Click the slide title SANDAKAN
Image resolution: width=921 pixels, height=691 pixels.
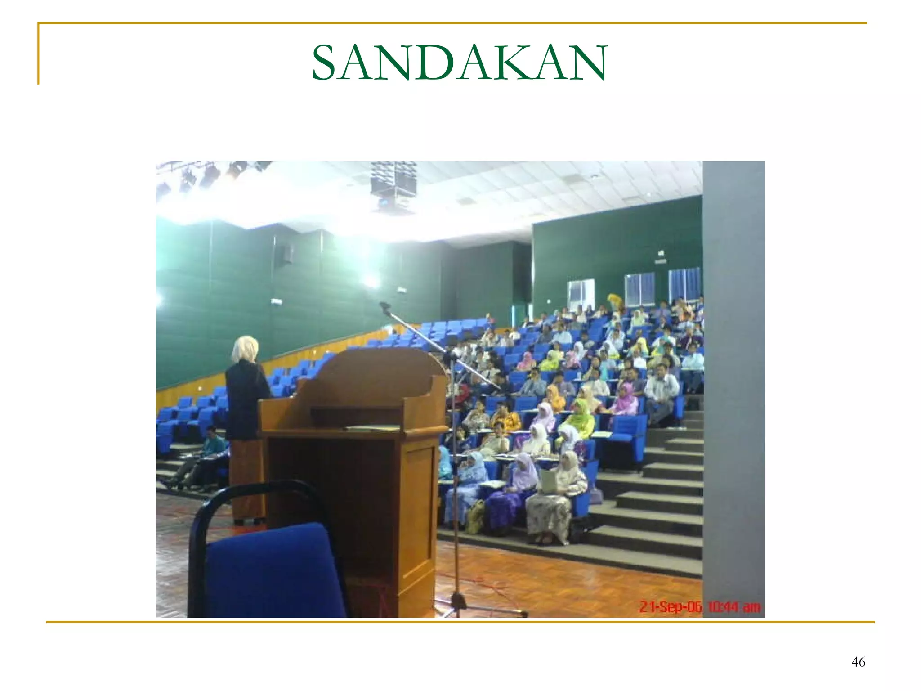459,63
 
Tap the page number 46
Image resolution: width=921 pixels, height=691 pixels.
858,662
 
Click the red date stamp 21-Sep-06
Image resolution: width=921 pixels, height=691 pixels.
670,607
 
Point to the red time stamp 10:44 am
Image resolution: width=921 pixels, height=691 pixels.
734,607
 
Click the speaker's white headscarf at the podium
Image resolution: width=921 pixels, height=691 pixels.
245,349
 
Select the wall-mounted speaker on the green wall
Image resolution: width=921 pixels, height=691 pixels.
288,254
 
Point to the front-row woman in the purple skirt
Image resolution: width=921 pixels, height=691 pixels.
513,495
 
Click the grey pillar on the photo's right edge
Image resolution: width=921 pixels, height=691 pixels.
733,382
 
